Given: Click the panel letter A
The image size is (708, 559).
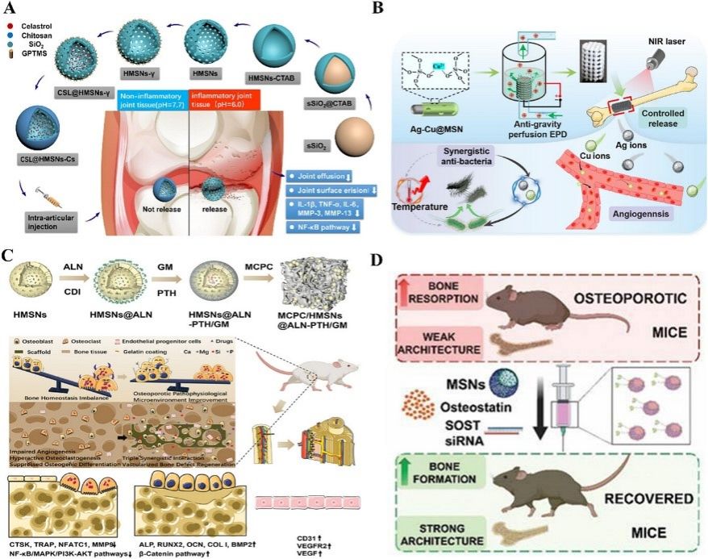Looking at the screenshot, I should [x=11, y=10].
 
